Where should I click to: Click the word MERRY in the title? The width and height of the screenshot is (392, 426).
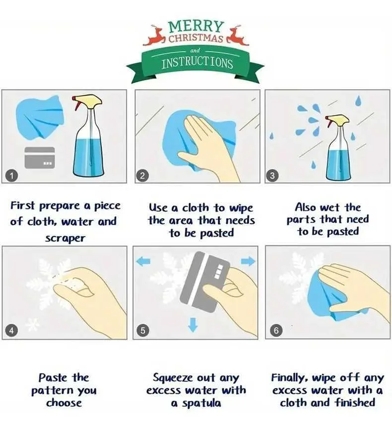(x=196, y=27)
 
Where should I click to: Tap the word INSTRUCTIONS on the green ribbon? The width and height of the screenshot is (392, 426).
(x=197, y=63)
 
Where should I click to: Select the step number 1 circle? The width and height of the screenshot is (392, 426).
(x=11, y=176)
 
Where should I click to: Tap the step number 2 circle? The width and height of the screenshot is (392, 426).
(x=142, y=176)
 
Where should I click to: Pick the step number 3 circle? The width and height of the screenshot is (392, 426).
(x=272, y=176)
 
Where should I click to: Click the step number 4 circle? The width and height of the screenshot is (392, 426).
(x=11, y=330)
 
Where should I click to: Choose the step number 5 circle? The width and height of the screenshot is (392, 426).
(x=143, y=330)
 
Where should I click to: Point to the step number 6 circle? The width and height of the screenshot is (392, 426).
(x=276, y=330)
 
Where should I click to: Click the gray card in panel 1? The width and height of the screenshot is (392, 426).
(x=40, y=158)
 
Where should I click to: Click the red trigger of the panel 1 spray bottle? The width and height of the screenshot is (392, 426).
(x=76, y=104)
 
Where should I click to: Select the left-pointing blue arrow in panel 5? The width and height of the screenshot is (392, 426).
(x=143, y=262)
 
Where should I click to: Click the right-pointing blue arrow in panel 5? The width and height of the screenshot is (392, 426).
(x=248, y=262)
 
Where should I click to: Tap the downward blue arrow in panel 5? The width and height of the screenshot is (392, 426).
(x=193, y=325)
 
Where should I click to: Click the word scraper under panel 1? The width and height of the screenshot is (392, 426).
(x=65, y=239)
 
